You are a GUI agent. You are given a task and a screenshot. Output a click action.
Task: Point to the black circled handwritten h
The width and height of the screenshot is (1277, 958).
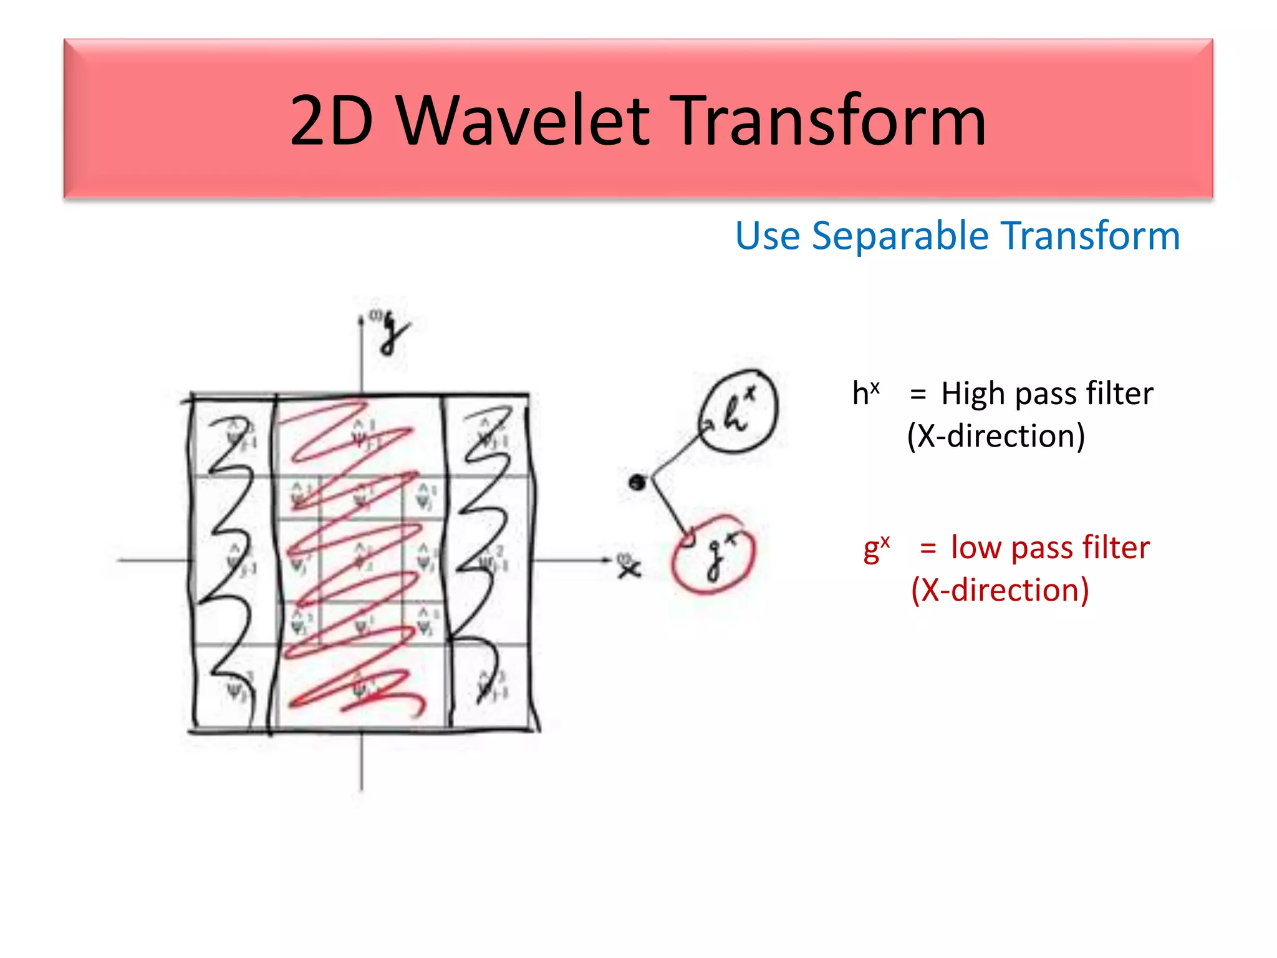737,411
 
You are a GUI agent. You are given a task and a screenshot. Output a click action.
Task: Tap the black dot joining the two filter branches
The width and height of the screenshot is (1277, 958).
637,481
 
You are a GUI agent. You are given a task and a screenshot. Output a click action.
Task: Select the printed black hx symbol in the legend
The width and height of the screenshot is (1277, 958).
865,393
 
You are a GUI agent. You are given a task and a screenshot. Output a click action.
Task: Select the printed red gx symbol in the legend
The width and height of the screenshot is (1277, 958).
876,548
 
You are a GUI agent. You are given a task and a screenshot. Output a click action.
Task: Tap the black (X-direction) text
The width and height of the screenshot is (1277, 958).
996,435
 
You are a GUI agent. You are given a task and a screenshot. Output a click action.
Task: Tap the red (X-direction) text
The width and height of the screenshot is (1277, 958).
1000,589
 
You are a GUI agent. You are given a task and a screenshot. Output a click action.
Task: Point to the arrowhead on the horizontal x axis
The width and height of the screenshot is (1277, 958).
606,559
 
